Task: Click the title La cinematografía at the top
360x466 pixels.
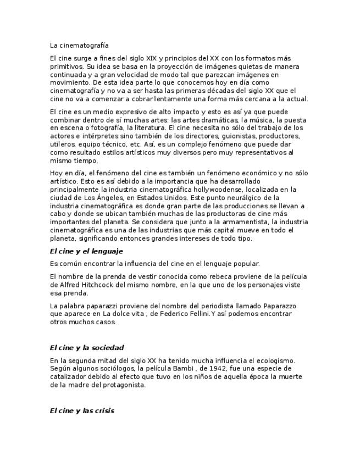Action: point(79,45)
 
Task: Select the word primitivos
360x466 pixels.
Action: point(67,66)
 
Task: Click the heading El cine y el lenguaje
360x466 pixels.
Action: point(86,251)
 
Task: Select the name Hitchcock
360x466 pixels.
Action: point(92,285)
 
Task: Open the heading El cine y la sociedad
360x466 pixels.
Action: point(86,348)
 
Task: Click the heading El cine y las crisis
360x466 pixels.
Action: point(82,410)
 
